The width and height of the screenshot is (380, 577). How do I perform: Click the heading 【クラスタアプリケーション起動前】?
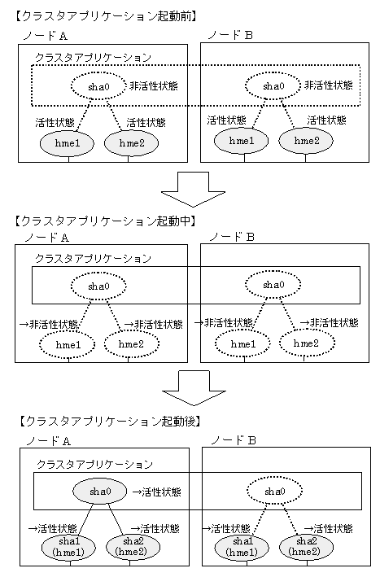pyautogui.click(x=105, y=16)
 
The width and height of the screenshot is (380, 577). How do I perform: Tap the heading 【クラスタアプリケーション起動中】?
pyautogui.click(x=105, y=221)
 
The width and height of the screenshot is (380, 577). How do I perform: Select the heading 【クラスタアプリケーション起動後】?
pyautogui.click(x=109, y=421)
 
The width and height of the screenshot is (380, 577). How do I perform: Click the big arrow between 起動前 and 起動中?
pyautogui.click(x=193, y=190)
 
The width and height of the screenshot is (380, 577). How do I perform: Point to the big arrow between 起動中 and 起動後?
pyautogui.click(x=194, y=388)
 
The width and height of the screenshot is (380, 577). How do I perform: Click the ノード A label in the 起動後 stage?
pyautogui.click(x=48, y=441)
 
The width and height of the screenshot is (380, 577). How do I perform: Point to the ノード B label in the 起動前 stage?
pyautogui.click(x=230, y=35)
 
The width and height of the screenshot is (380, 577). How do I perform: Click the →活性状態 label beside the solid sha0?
pyautogui.click(x=157, y=492)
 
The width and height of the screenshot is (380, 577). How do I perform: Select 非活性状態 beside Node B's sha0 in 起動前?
pyautogui.click(x=329, y=85)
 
